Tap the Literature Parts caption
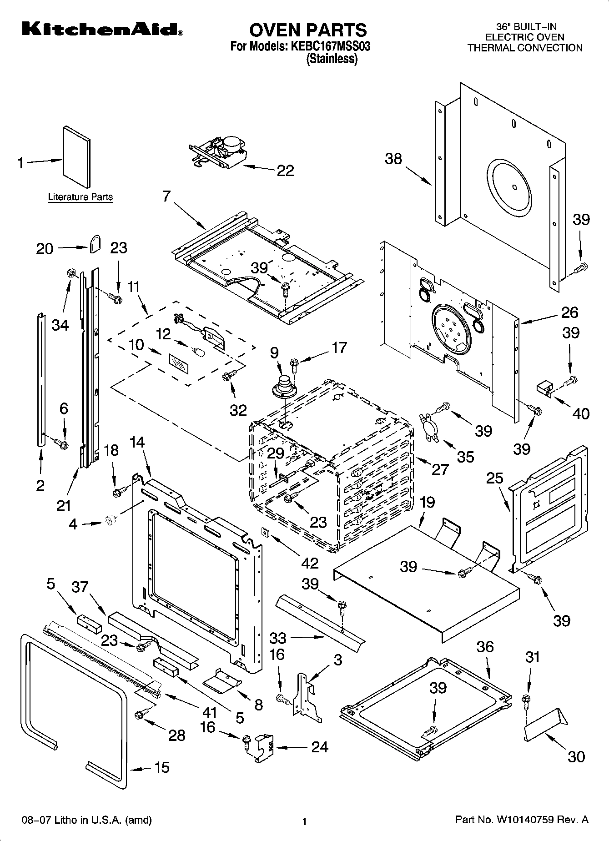81,197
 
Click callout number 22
285,171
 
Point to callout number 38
393,159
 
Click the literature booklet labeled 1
76,156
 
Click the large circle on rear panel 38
509,186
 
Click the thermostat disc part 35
430,426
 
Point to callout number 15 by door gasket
162,767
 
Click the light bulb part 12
199,352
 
